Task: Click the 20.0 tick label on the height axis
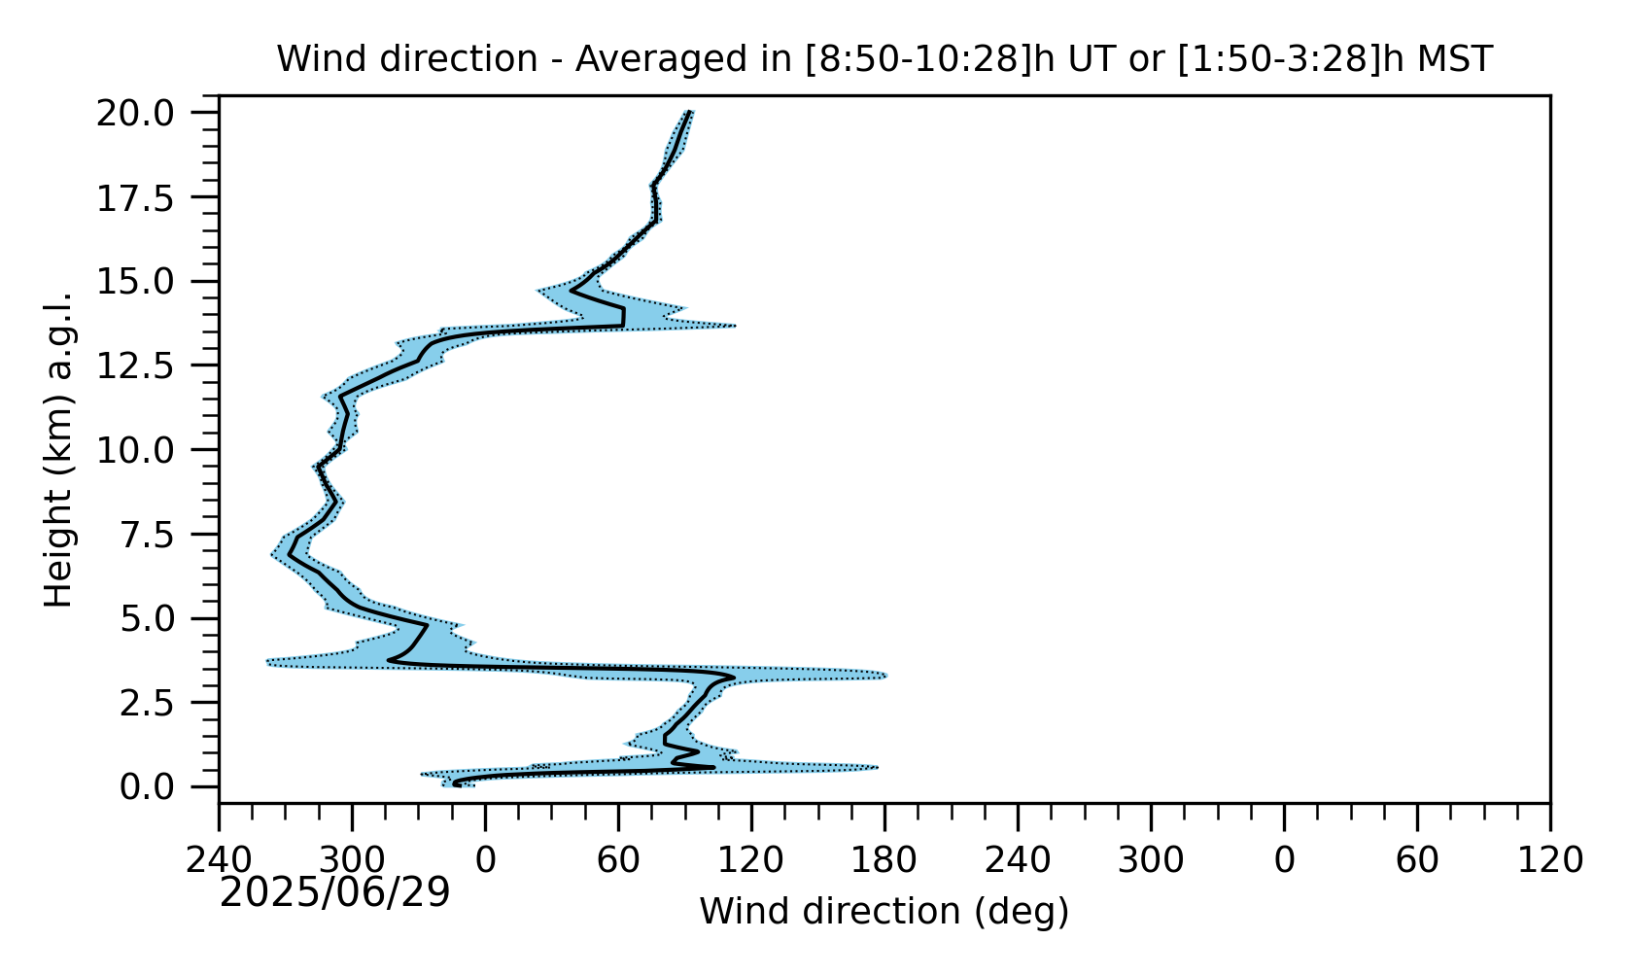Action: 135,114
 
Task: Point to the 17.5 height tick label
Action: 135,198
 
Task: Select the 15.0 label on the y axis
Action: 135,282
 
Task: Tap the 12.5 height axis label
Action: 135,366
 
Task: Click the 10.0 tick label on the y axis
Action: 135,451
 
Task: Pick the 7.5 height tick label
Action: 147,535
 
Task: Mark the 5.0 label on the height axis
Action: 147,619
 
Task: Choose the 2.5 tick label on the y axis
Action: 147,703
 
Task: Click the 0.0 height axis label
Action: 147,787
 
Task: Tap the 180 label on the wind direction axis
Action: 884,861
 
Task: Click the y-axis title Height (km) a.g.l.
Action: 58,450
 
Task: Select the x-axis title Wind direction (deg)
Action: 884,912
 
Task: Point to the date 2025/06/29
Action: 334,892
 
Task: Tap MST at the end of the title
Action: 1454,59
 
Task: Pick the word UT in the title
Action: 1091,59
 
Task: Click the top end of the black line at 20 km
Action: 689,112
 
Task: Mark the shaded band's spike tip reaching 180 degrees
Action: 886,676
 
